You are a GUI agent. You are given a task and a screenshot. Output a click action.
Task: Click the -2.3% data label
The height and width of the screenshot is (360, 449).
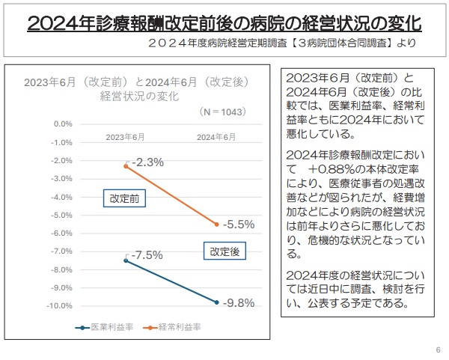[x=147, y=162]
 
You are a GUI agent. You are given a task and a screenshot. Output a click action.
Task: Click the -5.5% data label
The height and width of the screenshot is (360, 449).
[x=239, y=224]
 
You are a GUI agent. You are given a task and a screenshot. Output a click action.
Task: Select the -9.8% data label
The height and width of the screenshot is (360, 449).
[x=239, y=303]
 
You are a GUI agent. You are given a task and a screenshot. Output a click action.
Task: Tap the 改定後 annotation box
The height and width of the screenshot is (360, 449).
[x=224, y=252]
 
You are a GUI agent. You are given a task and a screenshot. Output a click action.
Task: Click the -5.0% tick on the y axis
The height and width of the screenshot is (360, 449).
[x=61, y=215]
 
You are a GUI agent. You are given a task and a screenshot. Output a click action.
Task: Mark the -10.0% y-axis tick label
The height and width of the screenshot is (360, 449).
[x=59, y=306]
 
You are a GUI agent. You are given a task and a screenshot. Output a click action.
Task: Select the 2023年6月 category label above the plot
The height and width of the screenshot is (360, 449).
[x=125, y=137]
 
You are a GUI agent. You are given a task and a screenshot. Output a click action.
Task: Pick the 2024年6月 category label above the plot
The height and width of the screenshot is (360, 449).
[x=217, y=137]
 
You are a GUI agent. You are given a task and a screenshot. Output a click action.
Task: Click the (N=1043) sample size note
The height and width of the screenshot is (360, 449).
[x=224, y=111]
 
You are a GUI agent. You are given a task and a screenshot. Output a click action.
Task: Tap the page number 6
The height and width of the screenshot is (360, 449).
[x=437, y=350]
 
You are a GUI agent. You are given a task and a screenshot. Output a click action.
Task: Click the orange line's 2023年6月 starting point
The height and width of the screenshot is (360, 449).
[x=126, y=166]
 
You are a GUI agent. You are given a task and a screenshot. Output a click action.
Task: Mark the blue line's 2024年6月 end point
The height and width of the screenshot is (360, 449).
[x=217, y=302]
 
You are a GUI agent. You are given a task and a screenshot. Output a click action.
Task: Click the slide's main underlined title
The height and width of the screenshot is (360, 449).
[x=224, y=22]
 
